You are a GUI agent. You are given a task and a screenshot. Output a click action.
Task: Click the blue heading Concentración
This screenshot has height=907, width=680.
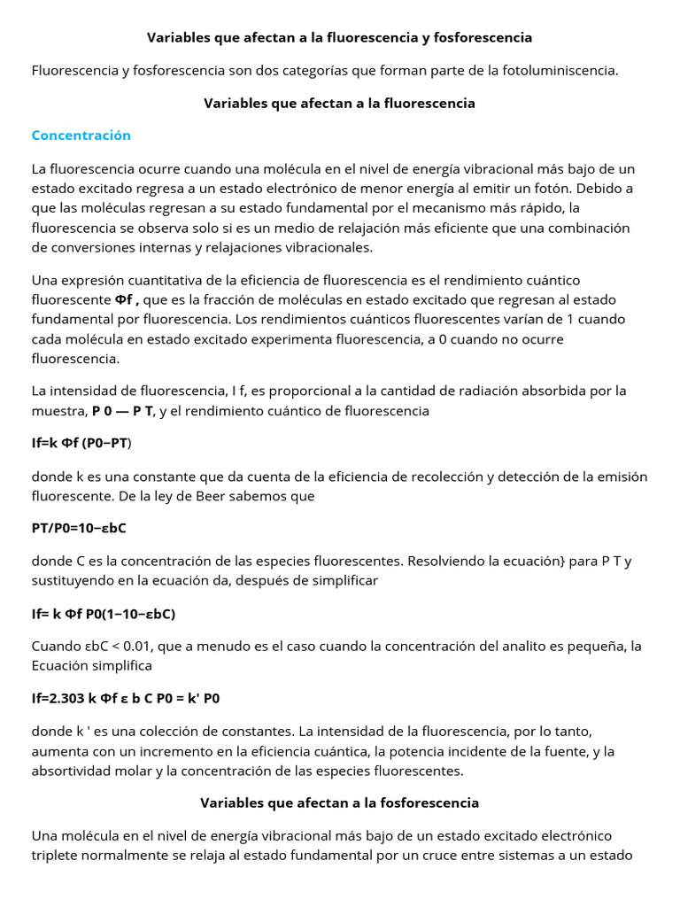point(81,136)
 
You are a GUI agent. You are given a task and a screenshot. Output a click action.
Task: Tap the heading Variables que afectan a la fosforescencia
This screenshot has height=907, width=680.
point(339,802)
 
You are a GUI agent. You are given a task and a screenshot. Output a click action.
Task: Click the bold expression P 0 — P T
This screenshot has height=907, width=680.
point(123,411)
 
